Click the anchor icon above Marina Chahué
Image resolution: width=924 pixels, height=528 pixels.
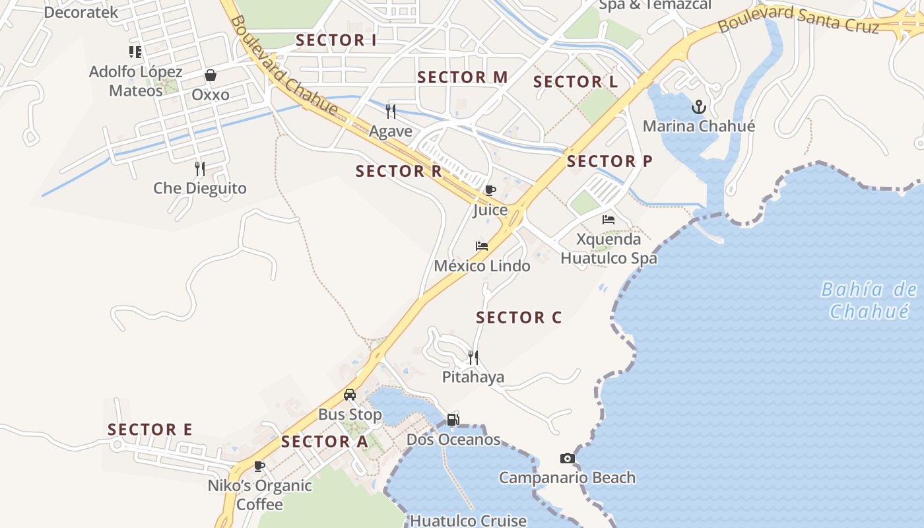tap(698, 106)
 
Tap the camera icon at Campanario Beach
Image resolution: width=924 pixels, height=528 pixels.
tap(567, 458)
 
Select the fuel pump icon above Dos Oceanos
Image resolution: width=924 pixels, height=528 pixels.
tap(453, 419)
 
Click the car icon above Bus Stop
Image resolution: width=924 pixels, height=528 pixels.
tap(350, 395)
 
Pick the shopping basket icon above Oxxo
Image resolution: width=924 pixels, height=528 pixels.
tap(211, 75)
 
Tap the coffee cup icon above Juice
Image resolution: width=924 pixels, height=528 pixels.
tap(490, 191)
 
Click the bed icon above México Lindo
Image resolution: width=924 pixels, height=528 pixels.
tap(482, 246)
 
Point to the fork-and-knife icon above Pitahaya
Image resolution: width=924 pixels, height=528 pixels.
tap(473, 358)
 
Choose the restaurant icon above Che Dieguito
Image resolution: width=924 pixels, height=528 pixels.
tap(200, 169)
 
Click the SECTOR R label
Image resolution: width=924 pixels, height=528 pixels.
tap(399, 172)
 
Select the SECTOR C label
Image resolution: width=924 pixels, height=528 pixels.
tap(519, 317)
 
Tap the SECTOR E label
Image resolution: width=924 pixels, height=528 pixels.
tap(150, 430)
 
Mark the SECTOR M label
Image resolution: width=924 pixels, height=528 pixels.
tap(463, 77)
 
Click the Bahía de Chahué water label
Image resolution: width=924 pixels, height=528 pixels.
tap(869, 300)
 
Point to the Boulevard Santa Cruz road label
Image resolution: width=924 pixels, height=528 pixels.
tap(799, 18)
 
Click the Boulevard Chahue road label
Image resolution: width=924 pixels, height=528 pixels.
tap(284, 66)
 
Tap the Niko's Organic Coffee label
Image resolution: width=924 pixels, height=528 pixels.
tap(259, 495)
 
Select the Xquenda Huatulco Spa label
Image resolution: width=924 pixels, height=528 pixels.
tap(609, 249)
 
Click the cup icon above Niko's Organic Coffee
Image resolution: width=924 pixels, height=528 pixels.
tap(259, 467)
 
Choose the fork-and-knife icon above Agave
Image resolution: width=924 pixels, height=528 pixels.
tap(391, 111)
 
